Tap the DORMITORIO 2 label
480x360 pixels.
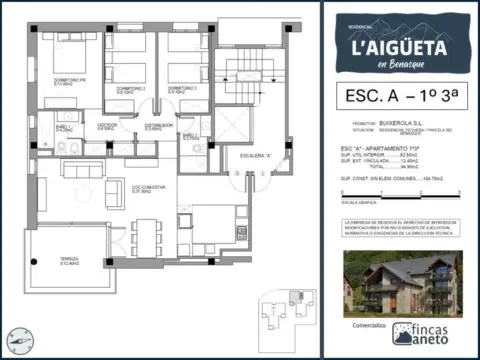tap(131, 88)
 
